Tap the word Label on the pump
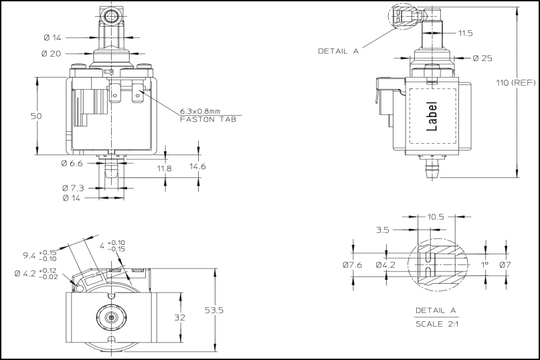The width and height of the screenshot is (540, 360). coord(432,116)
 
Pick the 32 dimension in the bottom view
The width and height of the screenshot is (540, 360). coord(179,318)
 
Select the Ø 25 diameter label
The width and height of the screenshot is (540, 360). coord(482,58)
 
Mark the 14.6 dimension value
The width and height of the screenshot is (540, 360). coord(197,166)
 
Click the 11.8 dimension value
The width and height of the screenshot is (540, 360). coord(165,169)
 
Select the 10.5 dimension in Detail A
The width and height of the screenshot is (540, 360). coord(436,217)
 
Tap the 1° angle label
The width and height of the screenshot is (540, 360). coord(485,264)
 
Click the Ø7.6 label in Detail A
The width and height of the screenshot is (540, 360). coord(352,265)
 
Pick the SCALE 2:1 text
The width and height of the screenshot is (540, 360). coord(435,324)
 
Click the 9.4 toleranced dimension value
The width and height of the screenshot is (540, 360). coord(29,255)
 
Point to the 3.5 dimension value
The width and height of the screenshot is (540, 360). coord(383,230)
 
